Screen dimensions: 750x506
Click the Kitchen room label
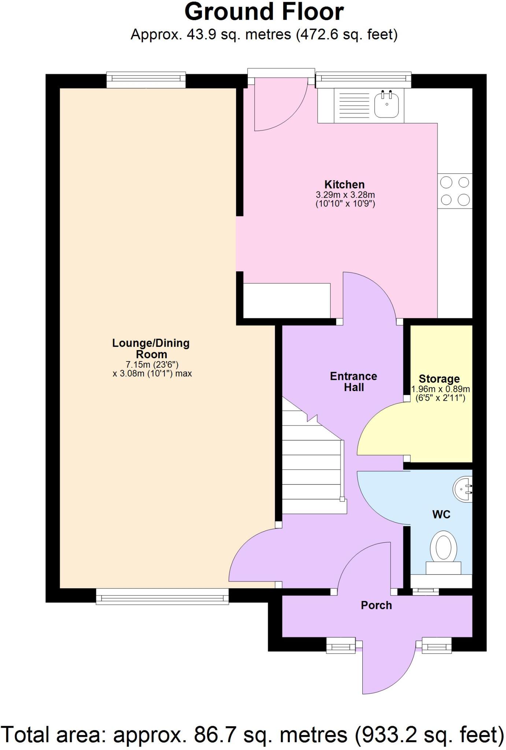click(344, 184)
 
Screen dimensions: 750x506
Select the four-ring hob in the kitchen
click(455, 191)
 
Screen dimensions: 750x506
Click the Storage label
click(439, 379)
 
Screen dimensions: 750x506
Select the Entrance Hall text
click(354, 382)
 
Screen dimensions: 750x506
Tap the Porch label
click(376, 605)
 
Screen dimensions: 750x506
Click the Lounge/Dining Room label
click(151, 349)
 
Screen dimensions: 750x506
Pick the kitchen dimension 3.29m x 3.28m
click(345, 195)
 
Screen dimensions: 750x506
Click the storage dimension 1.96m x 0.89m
click(440, 389)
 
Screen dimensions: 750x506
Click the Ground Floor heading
click(264, 12)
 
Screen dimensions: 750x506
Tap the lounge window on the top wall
click(146, 79)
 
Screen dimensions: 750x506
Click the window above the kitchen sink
click(363, 79)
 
